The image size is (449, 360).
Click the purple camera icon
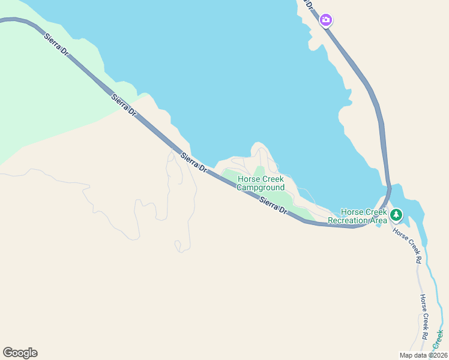(325, 20)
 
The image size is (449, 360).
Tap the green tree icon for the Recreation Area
(396, 214)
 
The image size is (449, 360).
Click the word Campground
(260, 188)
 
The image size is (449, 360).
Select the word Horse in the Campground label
(249, 179)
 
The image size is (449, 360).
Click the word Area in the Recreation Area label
(379, 220)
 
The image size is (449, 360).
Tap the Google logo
(20, 353)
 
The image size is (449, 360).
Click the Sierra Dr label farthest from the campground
(56, 45)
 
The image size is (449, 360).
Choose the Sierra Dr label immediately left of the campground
(194, 163)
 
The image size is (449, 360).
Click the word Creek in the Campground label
(273, 179)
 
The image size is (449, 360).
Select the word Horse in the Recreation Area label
(352, 212)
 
